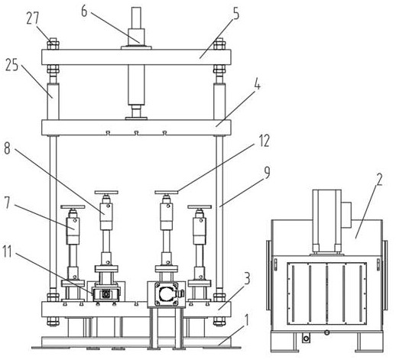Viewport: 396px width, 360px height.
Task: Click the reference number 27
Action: [x=33, y=18]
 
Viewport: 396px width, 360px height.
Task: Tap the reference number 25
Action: [x=12, y=65]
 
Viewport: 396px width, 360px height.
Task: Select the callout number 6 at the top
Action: [x=84, y=11]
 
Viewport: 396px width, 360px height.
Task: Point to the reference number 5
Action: [x=236, y=15]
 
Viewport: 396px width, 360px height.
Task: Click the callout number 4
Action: [x=258, y=85]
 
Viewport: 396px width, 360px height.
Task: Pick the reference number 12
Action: [x=264, y=141]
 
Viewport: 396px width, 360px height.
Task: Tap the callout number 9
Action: [x=266, y=174]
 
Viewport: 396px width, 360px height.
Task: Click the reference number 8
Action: [x=7, y=148]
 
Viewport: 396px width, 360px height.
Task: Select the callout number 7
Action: [x=7, y=203]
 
